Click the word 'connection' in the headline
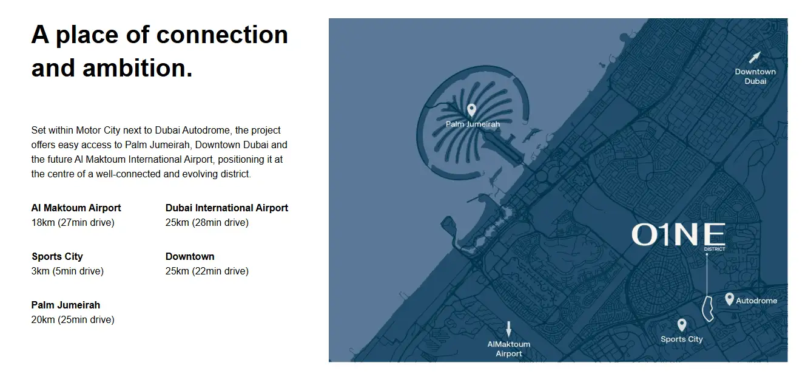point(222,35)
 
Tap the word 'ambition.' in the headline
point(138,68)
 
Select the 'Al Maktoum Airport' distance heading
point(76,208)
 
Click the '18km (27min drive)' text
point(73,222)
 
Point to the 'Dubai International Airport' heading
point(227,208)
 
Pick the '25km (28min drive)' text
point(207,222)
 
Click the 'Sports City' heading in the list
point(58,257)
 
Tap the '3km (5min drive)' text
point(67,271)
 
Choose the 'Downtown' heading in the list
point(190,257)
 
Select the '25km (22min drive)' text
point(207,271)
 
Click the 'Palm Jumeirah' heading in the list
point(66,305)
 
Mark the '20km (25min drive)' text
point(73,319)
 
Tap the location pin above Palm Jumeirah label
point(471,110)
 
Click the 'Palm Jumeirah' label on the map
point(473,124)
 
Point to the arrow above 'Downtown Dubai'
point(755,57)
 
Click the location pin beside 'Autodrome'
point(729,299)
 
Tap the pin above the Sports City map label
point(682,325)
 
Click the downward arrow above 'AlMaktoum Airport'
point(508,329)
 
